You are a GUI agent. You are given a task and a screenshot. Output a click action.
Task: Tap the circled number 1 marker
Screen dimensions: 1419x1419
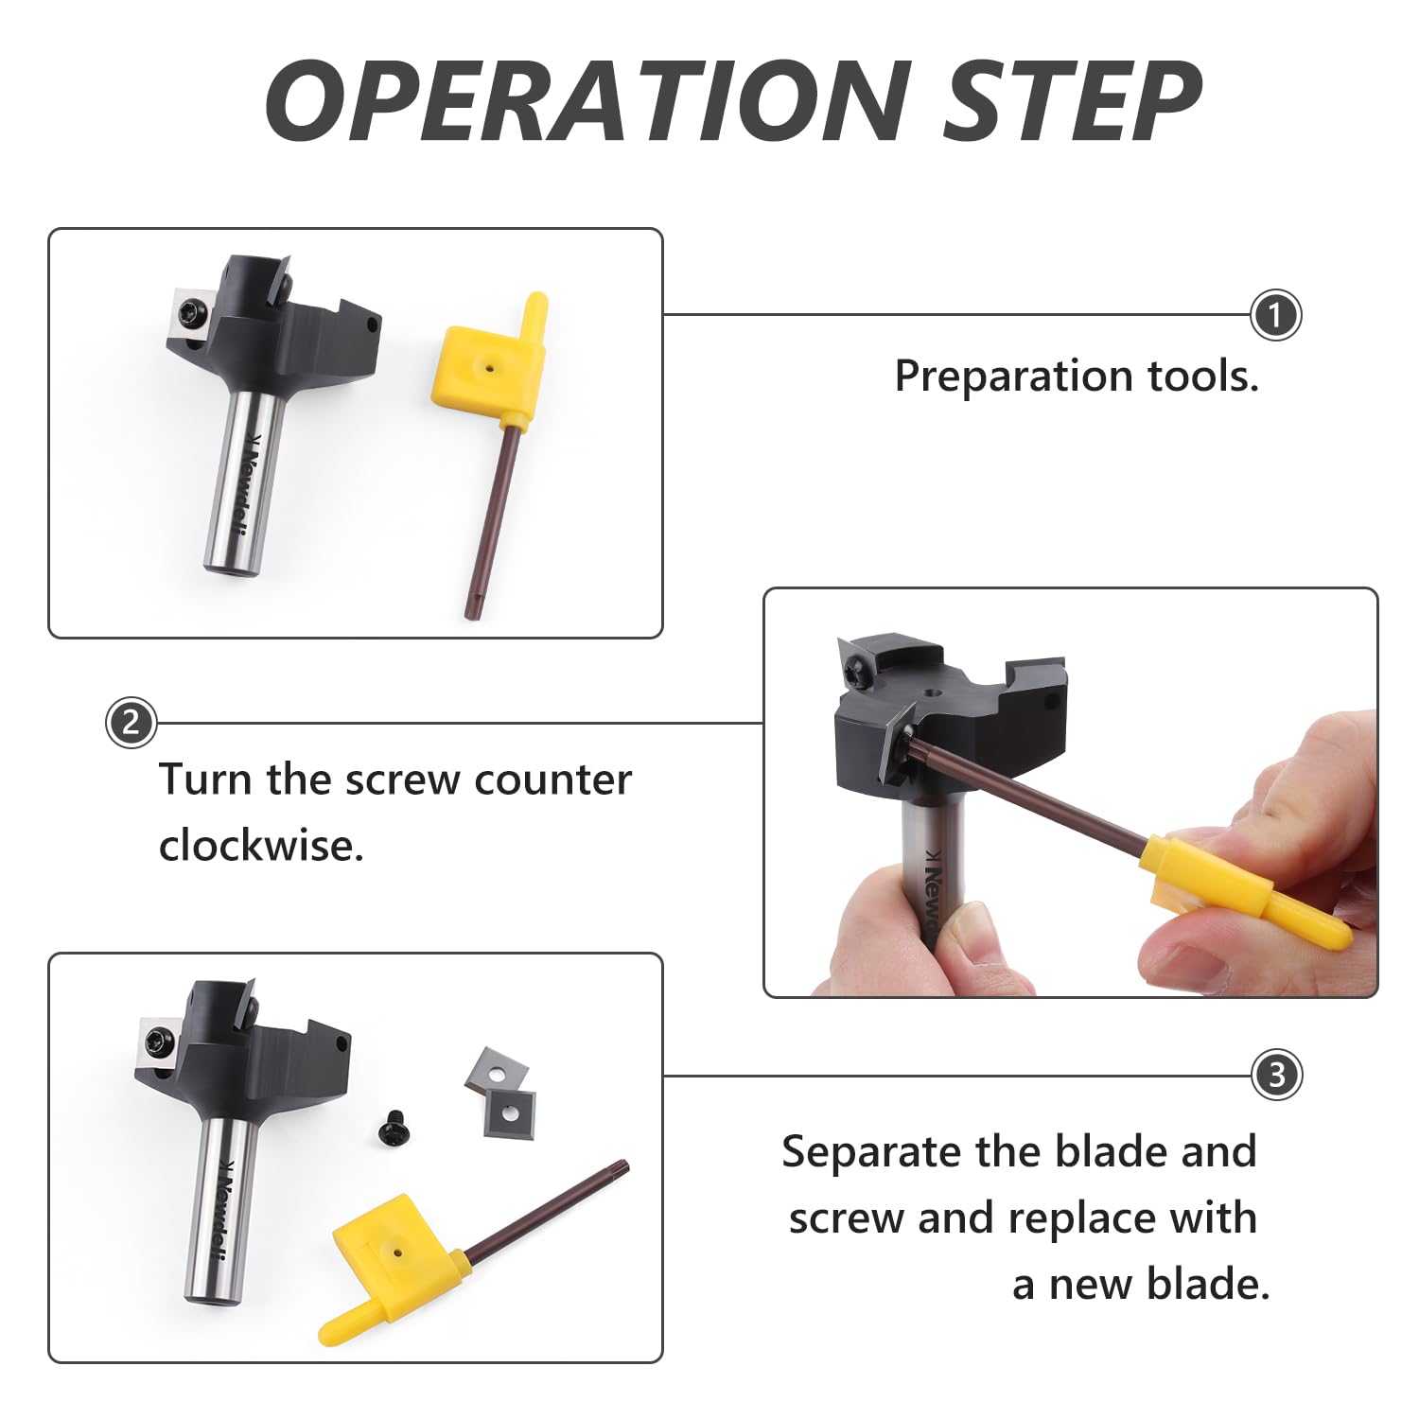click(x=1275, y=315)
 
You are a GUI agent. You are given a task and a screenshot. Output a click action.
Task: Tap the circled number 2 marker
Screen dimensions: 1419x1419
click(x=131, y=724)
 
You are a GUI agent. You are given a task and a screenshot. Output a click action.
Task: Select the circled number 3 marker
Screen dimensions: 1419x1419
click(x=1276, y=1076)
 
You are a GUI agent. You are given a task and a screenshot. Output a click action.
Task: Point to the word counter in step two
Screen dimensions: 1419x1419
click(x=552, y=780)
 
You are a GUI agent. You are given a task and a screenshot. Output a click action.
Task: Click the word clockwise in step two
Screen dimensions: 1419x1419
click(x=260, y=846)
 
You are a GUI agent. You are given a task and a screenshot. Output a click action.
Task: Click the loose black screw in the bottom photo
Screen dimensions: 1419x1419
click(x=394, y=1130)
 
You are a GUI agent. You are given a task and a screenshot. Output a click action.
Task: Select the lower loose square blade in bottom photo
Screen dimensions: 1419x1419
click(x=511, y=1112)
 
